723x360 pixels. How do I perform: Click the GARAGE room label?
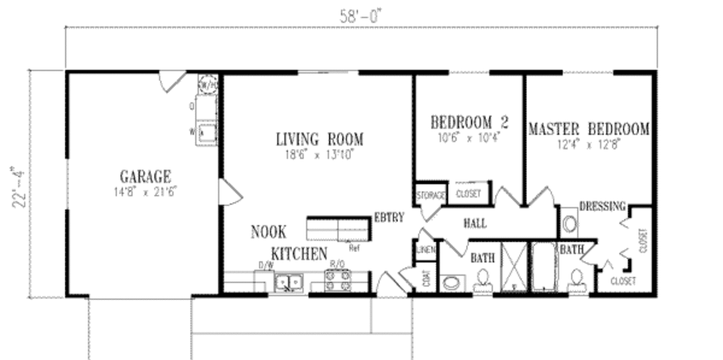tap(145, 176)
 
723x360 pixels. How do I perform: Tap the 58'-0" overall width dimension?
tap(360, 16)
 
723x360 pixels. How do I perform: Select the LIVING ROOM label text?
tap(320, 139)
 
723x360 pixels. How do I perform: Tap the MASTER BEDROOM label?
tap(589, 129)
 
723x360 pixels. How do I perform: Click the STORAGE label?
tap(431, 194)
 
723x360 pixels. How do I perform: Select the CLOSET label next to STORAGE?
tap(469, 193)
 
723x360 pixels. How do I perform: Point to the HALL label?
tap(474, 224)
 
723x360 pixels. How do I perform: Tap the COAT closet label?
tap(426, 280)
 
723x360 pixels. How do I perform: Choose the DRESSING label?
tap(602, 206)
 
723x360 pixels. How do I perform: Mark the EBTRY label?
tap(389, 217)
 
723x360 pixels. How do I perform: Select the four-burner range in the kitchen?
tap(337, 281)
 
